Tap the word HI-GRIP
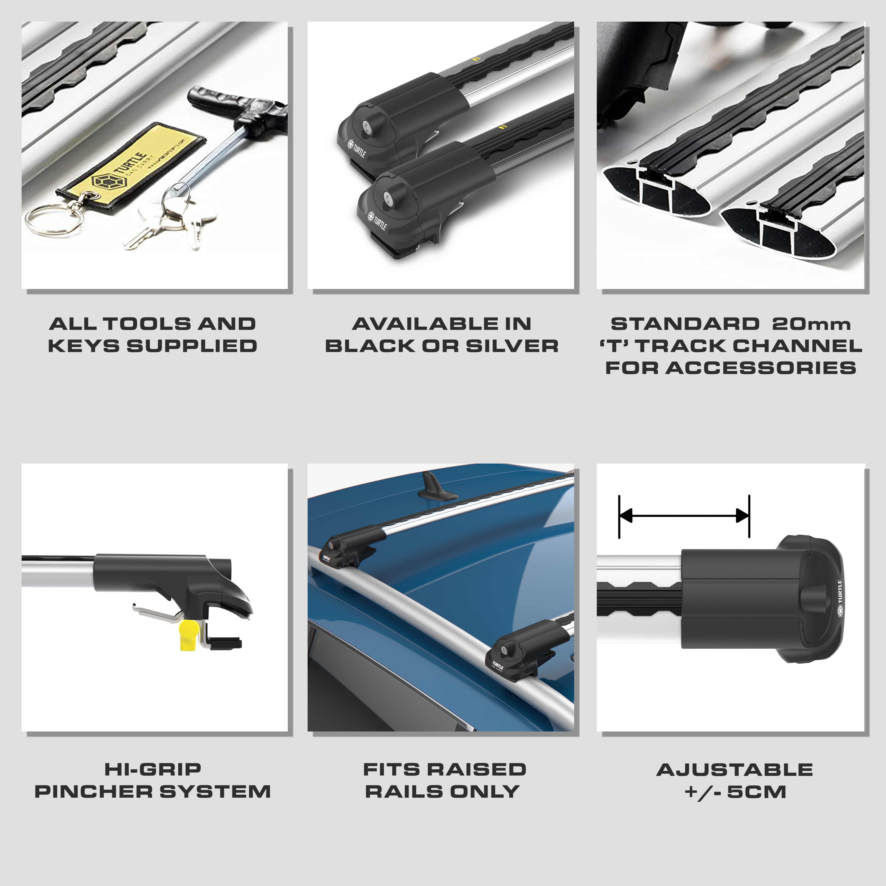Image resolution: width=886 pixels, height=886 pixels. (153, 769)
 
